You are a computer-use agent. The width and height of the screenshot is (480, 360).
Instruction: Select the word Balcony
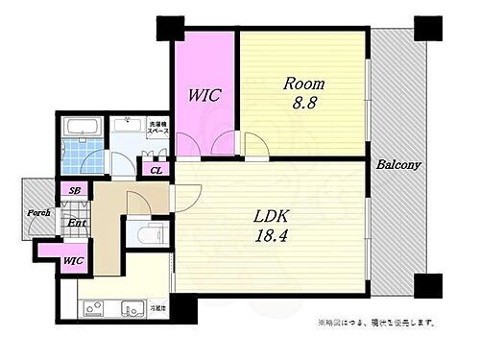click(398, 164)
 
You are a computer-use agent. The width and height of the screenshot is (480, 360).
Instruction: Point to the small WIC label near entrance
click(45, 259)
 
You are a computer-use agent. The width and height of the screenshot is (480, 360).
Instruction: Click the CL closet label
click(156, 170)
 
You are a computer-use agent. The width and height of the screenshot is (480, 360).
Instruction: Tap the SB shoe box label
click(74, 190)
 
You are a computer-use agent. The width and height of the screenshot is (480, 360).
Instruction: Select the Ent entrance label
click(77, 224)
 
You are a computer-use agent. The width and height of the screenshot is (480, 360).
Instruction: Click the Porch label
click(38, 212)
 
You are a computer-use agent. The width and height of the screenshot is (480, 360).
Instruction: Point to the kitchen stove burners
click(96, 310)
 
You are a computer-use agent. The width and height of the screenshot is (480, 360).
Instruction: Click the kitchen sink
click(132, 309)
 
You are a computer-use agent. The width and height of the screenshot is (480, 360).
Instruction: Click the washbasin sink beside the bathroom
click(126, 126)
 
